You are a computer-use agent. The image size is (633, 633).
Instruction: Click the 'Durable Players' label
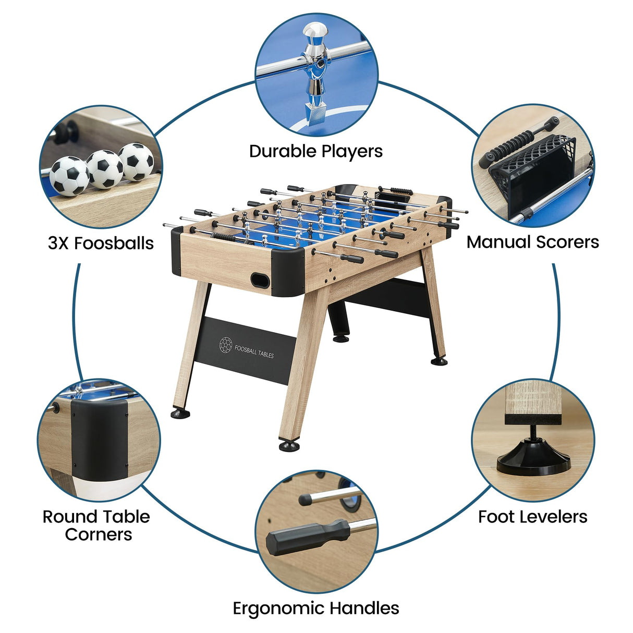point(315,151)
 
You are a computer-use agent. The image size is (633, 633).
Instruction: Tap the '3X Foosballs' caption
point(101,243)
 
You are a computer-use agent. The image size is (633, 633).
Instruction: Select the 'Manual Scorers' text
point(532,242)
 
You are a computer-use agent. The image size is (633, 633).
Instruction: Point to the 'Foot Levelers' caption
point(532,517)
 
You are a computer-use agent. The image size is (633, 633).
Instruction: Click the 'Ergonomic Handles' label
point(315,608)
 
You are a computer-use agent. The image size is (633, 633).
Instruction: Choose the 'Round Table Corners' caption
point(96,525)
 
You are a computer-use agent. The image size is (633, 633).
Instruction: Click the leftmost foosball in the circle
point(69,176)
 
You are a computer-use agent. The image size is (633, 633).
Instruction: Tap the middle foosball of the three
point(105,169)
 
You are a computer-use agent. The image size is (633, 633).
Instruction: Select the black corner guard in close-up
point(99,438)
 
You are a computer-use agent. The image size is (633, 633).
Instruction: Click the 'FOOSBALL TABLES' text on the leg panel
point(254,351)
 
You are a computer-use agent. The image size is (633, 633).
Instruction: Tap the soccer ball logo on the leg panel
point(225,344)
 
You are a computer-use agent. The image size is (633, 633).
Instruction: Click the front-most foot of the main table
point(289,446)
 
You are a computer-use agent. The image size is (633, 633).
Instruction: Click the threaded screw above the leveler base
point(533,433)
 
